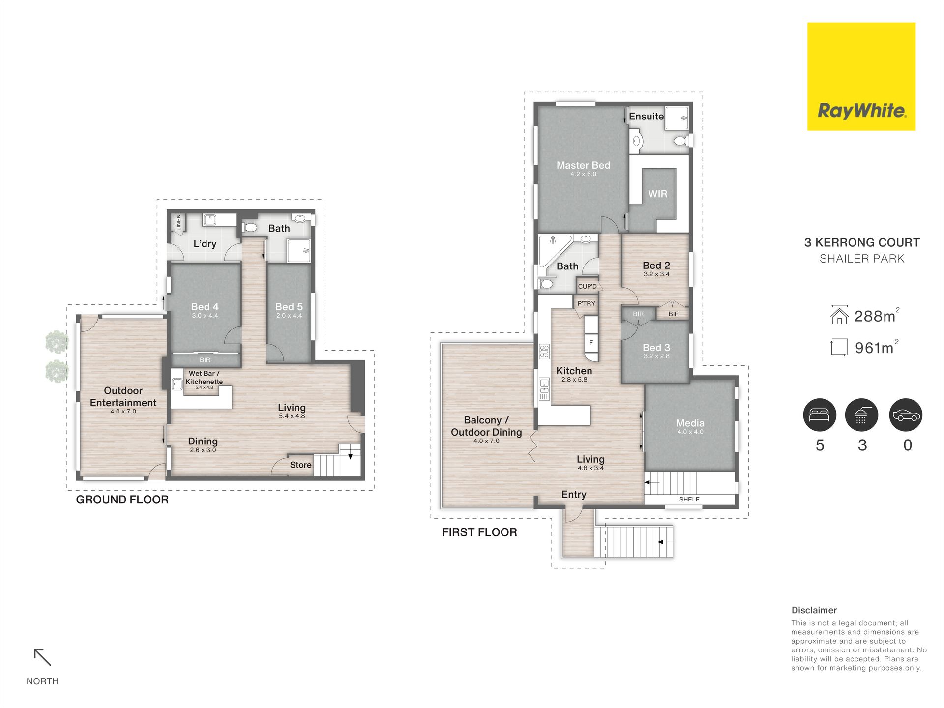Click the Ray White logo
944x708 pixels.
[861, 77]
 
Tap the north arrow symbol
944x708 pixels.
[42, 657]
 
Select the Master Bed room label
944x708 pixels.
[583, 165]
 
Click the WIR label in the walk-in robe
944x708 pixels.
[657, 194]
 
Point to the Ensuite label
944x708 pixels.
[646, 116]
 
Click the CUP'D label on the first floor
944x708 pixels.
[587, 286]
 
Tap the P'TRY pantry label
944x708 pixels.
[586, 303]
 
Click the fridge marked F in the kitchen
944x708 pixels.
[591, 343]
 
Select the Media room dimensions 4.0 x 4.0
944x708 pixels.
[690, 432]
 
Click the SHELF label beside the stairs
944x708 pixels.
[689, 499]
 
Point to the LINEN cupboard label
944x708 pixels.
[178, 222]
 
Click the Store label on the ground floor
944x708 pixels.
[300, 465]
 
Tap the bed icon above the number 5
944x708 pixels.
[820, 414]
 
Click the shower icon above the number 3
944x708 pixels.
[861, 414]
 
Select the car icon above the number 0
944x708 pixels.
[906, 414]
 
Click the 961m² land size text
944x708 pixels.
[877, 347]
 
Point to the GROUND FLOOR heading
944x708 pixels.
[122, 500]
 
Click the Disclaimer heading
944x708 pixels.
[814, 610]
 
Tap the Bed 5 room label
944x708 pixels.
[289, 307]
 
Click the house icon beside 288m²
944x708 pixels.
[839, 315]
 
